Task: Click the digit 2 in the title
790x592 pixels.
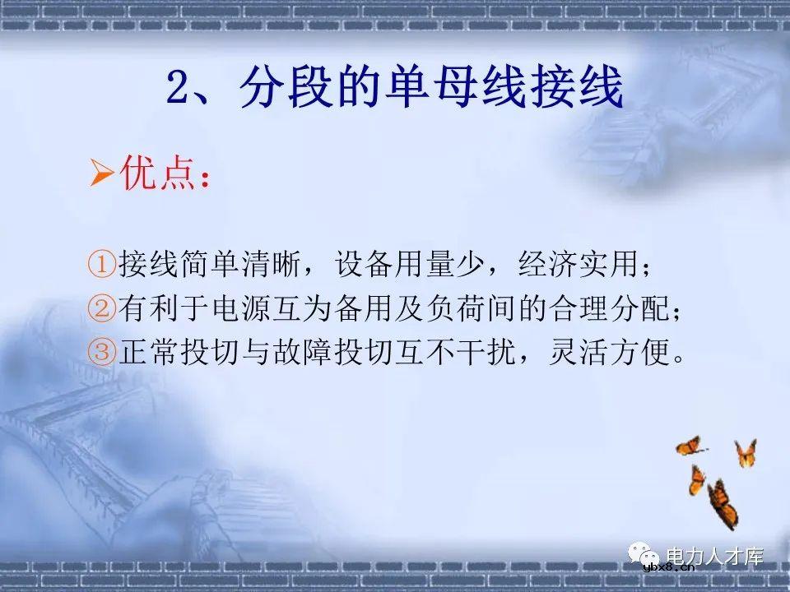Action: click(179, 89)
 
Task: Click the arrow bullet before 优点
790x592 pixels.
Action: click(100, 174)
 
